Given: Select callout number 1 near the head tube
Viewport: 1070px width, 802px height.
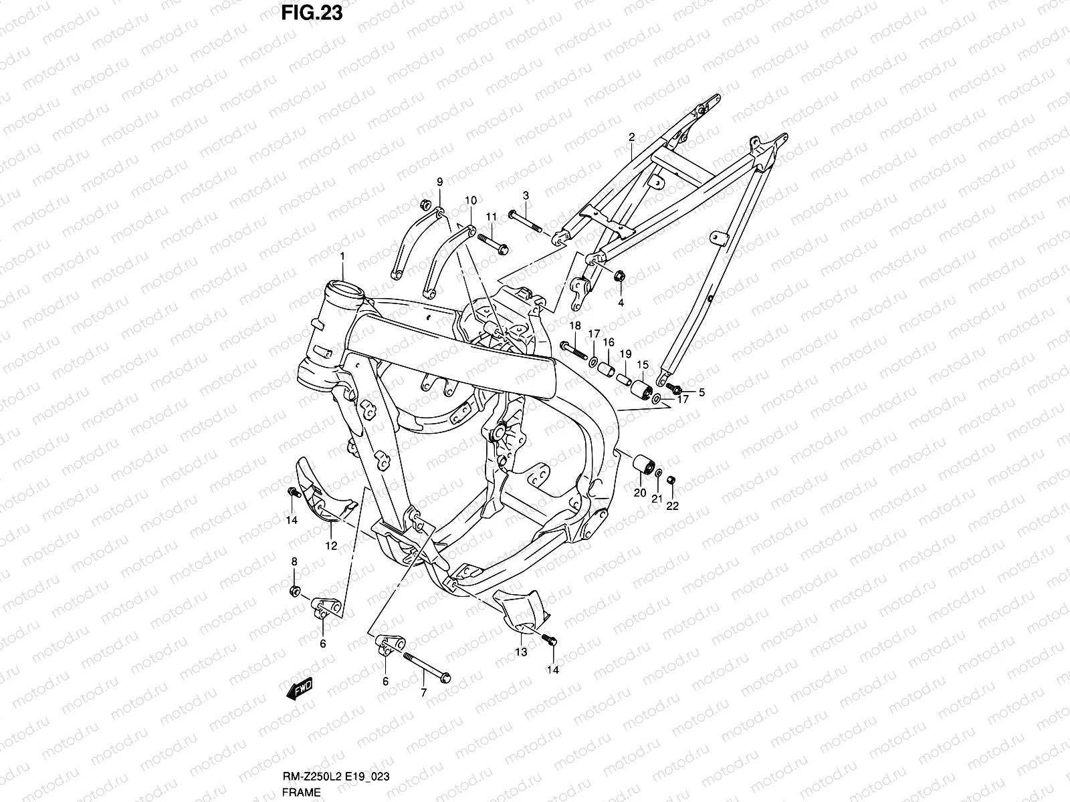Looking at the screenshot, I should click(342, 257).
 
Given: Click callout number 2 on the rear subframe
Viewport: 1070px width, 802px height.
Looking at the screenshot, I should click(631, 137).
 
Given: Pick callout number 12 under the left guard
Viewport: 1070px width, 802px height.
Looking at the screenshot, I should click(331, 545).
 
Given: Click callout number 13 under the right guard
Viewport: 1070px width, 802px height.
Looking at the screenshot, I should click(521, 652).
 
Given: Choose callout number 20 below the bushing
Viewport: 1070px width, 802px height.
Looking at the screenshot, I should click(640, 493).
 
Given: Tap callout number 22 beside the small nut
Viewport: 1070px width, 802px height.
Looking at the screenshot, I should click(672, 506).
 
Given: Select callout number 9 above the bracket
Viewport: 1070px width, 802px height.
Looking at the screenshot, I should click(440, 182).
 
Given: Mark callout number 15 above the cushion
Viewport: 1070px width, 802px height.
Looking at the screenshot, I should click(643, 364).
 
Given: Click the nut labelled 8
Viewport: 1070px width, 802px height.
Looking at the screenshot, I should click(294, 590).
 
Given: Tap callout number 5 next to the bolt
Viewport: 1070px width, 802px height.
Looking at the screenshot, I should click(702, 392).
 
